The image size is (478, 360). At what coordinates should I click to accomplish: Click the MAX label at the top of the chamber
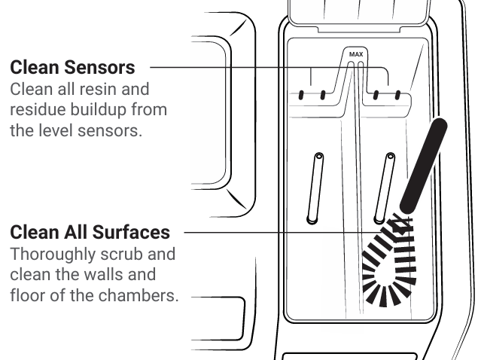355,55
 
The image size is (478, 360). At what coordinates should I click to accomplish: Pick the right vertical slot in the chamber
386,188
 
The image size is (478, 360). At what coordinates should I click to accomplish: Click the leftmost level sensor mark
302,96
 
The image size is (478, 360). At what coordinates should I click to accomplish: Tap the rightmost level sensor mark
398,96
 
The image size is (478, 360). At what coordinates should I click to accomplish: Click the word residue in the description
32,111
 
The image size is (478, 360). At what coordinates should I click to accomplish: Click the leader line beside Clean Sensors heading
226,68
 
